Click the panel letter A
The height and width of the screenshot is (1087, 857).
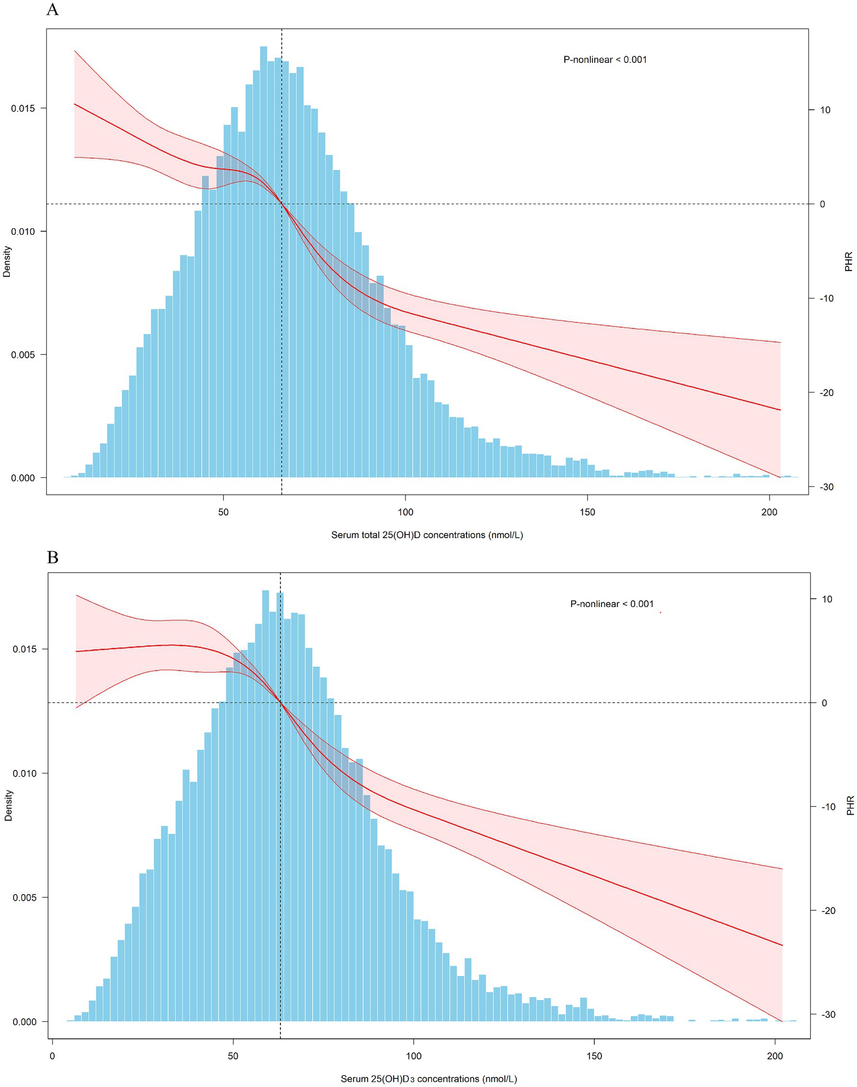[52, 10]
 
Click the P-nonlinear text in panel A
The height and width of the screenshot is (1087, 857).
[605, 60]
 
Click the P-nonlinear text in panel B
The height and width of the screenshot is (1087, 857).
[612, 604]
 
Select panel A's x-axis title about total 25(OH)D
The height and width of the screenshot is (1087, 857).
[427, 535]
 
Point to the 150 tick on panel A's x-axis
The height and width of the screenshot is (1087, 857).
[587, 512]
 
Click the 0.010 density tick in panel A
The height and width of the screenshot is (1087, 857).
[22, 231]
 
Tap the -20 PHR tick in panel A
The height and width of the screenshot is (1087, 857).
[826, 393]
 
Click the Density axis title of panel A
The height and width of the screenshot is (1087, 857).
[7, 261]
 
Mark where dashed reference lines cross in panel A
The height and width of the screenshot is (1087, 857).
[282, 204]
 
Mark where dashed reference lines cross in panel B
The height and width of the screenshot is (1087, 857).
[280, 703]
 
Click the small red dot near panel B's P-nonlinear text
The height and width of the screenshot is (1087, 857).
[661, 612]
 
